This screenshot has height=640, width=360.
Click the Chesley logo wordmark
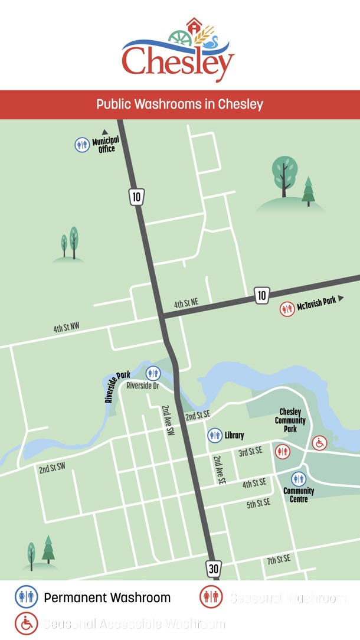[178, 61]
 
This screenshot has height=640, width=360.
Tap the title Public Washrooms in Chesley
[180, 105]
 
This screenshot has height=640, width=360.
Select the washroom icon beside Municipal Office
[82, 145]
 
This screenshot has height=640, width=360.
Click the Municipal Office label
[106, 145]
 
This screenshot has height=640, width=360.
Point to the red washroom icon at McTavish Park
[287, 309]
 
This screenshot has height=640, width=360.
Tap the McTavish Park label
[316, 301]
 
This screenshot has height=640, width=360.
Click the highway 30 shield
[213, 569]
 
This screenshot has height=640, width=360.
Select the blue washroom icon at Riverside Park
[153, 373]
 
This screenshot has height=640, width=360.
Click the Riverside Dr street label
[143, 386]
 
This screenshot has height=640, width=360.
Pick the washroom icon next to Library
[215, 436]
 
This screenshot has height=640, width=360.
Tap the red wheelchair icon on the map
[319, 442]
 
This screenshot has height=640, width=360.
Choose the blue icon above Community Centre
[299, 479]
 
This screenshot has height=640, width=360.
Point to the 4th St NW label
[66, 327]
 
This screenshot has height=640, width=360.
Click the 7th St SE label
[279, 559]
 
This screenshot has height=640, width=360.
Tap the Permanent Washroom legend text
[107, 597]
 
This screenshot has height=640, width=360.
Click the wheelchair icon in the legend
[25, 623]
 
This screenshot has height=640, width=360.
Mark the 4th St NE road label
[186, 304]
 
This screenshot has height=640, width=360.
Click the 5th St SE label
[258, 503]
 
